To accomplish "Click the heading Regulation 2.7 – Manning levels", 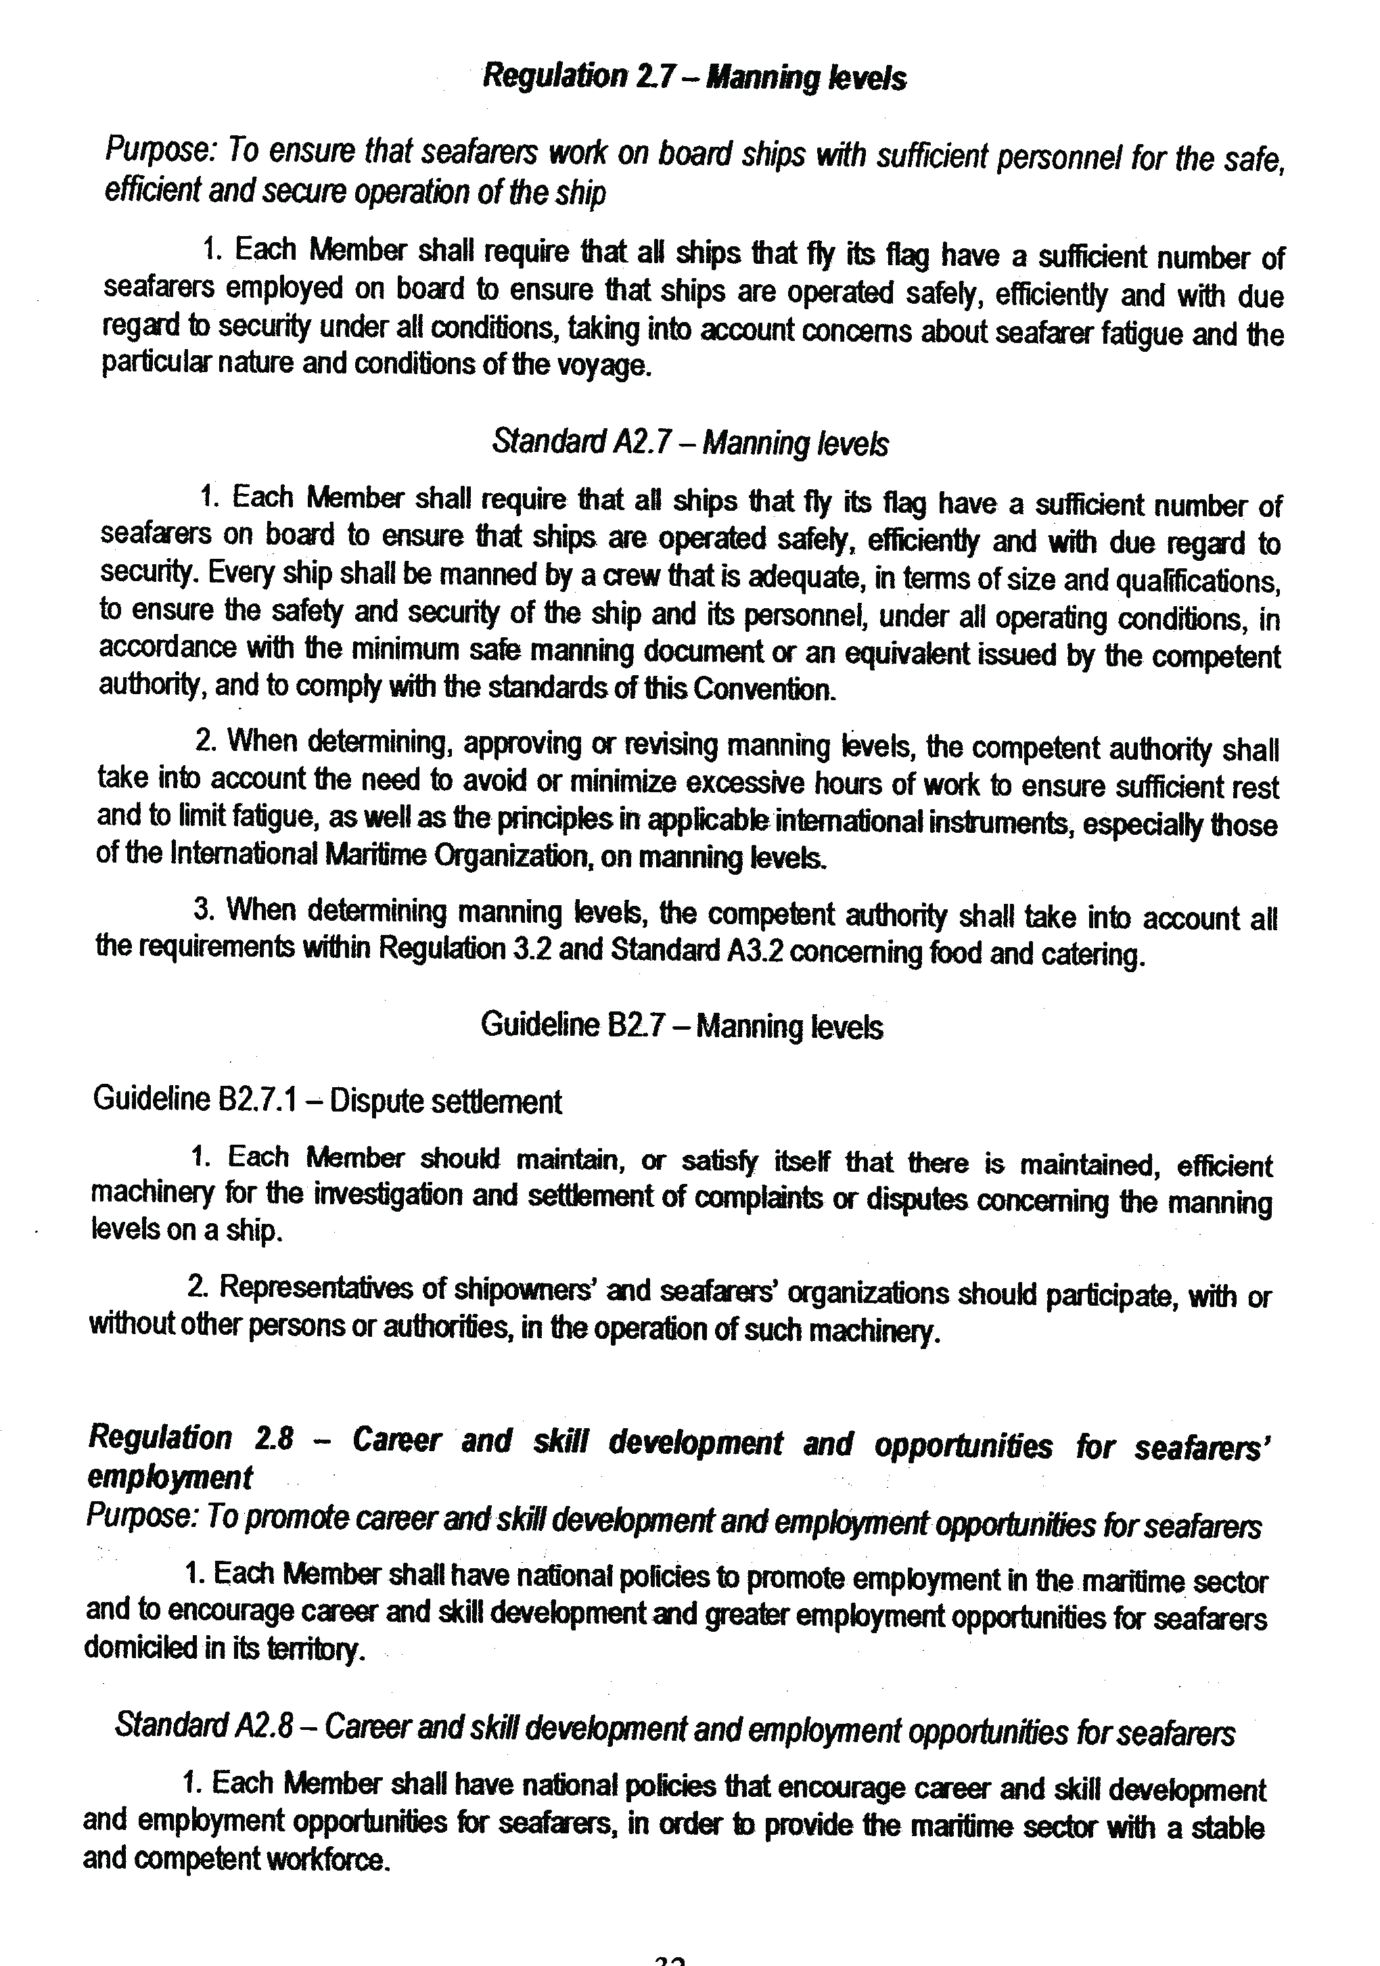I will click(x=694, y=78).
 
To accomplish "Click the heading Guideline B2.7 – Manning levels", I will click(x=681, y=1025).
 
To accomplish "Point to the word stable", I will click(x=1228, y=1827).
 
